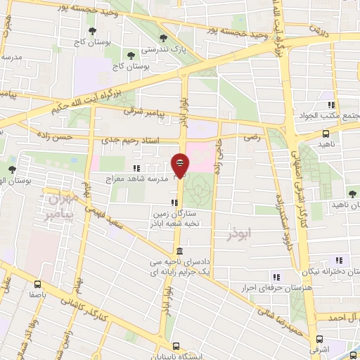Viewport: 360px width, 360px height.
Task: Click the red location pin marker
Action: point(180,165)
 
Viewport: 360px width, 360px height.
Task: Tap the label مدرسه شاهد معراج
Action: point(143,179)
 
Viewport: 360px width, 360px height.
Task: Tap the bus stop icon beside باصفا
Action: point(37,284)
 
